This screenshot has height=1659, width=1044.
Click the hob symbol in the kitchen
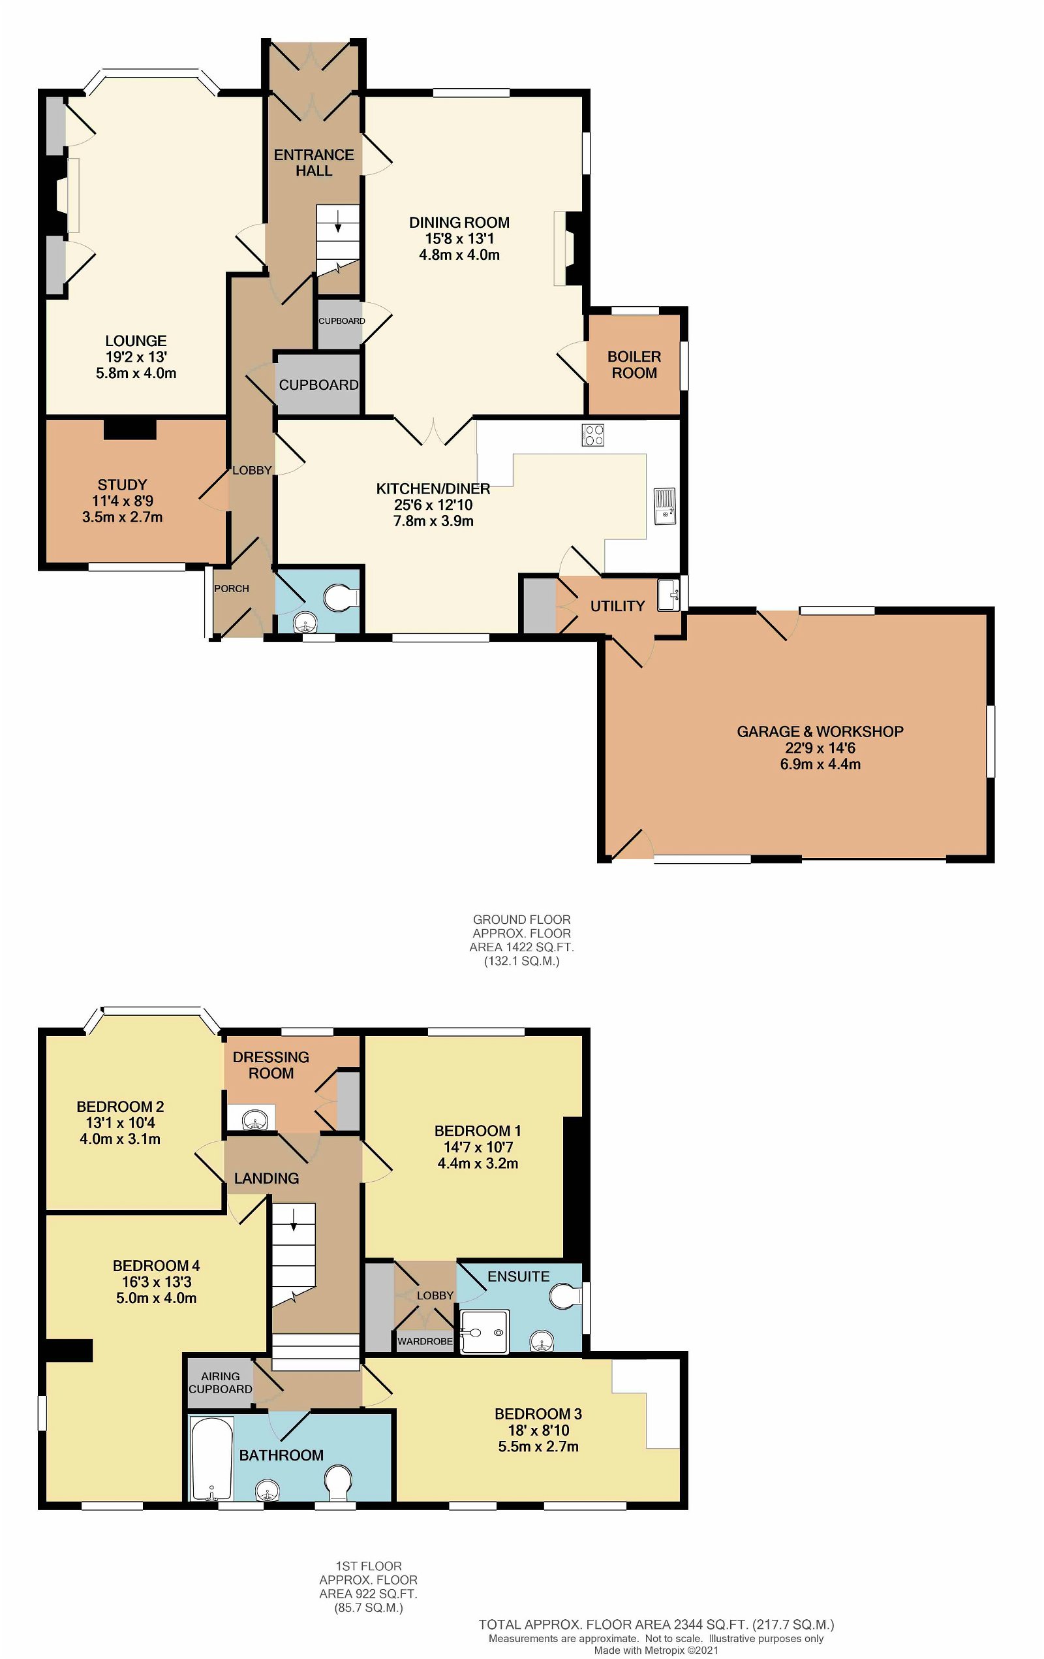click(592, 435)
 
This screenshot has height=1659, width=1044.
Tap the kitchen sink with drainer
click(664, 507)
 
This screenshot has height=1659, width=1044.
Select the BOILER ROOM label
click(634, 365)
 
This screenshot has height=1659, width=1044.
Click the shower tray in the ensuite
click(484, 1332)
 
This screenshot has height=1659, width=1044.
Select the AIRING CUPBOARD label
click(221, 1383)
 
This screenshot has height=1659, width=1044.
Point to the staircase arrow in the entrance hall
click(338, 221)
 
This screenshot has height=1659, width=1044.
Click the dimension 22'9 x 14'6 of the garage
click(820, 748)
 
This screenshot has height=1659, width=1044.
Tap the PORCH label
click(232, 588)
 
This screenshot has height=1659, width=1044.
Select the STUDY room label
click(122, 484)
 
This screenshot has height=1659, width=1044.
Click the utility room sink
click(668, 595)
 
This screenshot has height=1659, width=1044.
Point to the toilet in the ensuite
click(564, 1297)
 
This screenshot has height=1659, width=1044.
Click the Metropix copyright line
click(656, 1650)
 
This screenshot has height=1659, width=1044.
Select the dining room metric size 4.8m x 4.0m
click(459, 255)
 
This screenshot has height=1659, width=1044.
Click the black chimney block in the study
click(129, 428)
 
